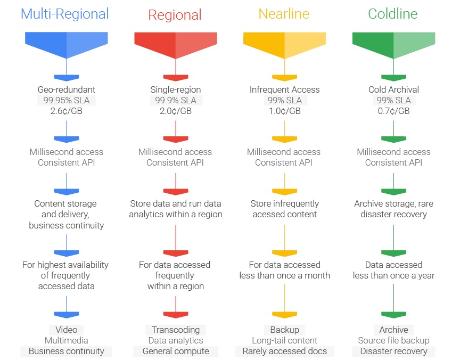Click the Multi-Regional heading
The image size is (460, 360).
pos(65,14)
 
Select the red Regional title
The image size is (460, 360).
pos(175,15)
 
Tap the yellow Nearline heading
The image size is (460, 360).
pos(284,14)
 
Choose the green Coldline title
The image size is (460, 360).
pos(393,14)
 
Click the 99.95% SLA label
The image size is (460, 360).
pos(67,100)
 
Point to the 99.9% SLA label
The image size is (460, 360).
pos(176,100)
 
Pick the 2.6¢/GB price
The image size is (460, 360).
pos(67,111)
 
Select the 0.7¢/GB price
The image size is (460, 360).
pos(393,111)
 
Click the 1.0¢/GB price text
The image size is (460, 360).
pos(284,111)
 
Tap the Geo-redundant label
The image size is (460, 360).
pos(67,89)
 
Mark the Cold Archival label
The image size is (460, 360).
pos(393,89)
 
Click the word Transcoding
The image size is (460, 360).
pos(176,330)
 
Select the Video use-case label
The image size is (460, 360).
pos(67,330)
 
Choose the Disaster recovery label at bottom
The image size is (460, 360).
pos(393,351)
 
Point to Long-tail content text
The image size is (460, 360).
pos(284,340)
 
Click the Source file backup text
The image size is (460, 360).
pos(393,340)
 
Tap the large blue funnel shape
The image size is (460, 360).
pos(67,45)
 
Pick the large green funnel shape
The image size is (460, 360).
pos(393,45)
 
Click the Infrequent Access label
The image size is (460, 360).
pos(284,89)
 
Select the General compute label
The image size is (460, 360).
pos(176,351)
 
